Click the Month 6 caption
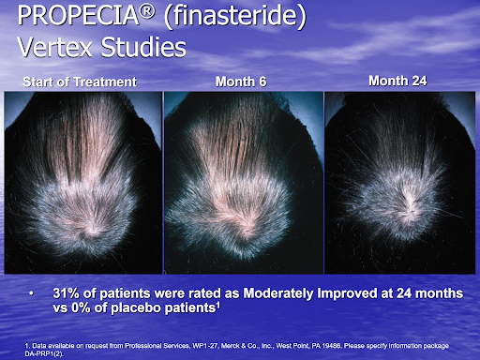coord(241,82)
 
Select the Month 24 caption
coord(398,81)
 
